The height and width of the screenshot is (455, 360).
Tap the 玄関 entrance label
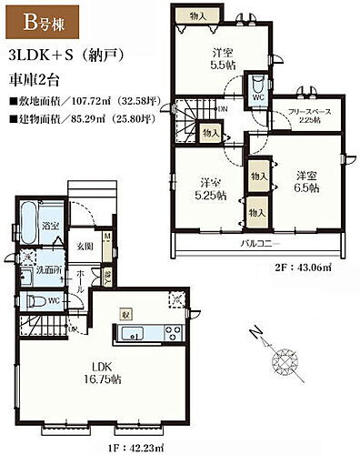85,246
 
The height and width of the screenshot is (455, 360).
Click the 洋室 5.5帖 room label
218,60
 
